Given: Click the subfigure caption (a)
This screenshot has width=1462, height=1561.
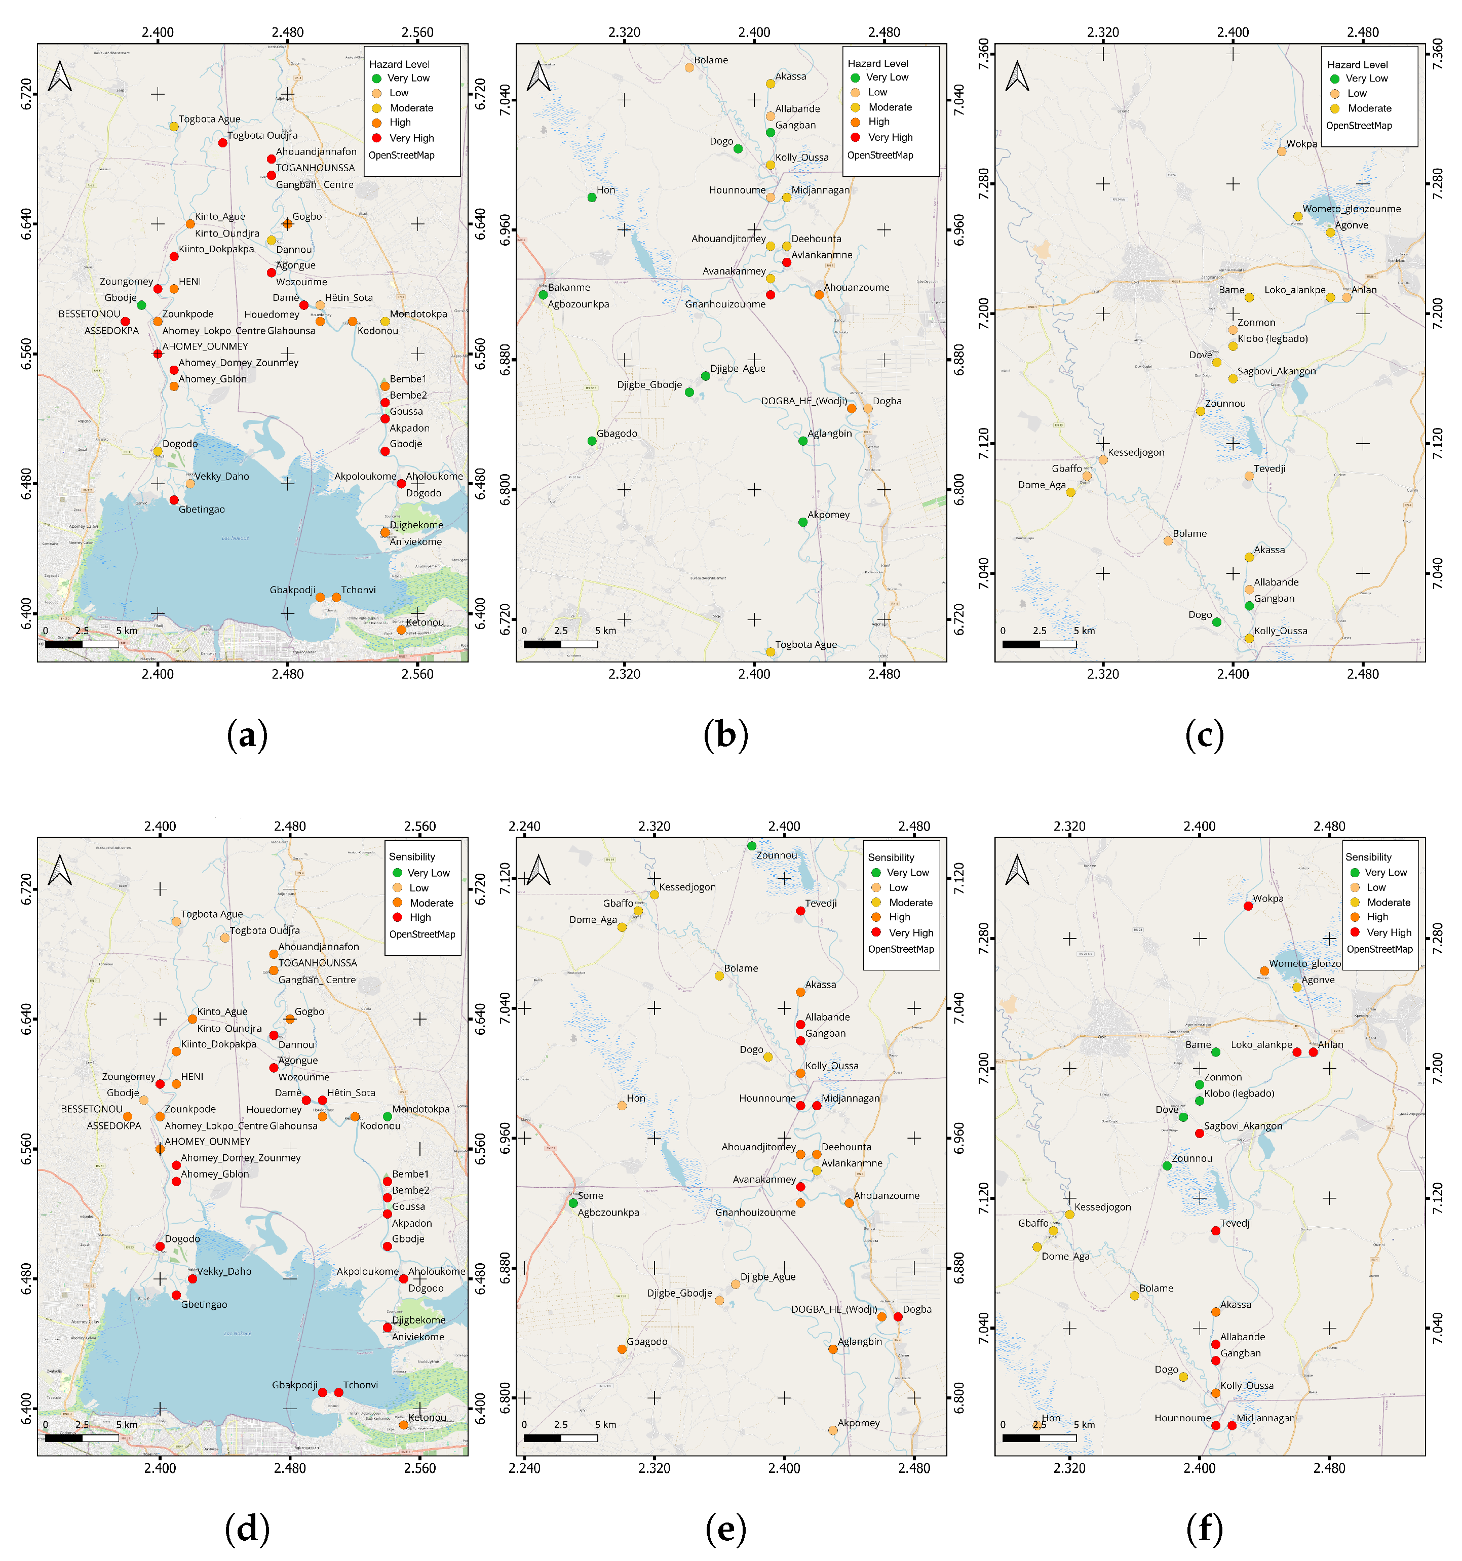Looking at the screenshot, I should [x=247, y=735].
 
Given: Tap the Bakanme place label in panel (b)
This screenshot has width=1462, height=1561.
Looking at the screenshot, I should [x=568, y=287].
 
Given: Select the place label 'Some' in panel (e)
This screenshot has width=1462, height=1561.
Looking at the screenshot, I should [x=591, y=1195].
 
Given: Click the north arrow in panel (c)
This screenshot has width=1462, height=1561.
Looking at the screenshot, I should [x=1018, y=76].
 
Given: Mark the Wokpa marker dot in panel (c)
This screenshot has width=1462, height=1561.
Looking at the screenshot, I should [x=1282, y=151].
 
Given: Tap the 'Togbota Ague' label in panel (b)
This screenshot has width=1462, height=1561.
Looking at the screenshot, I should [x=805, y=645].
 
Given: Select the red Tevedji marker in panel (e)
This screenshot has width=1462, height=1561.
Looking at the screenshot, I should [x=800, y=911].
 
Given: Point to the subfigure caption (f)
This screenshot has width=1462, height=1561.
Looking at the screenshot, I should [x=1205, y=1528].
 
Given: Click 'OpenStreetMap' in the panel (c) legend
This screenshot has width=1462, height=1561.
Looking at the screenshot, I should [x=1358, y=126].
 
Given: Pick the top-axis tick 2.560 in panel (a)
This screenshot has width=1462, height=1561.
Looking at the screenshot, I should [x=418, y=33].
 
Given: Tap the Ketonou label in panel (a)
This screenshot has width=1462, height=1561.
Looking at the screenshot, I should [x=425, y=622].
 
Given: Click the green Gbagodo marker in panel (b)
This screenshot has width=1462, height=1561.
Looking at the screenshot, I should [x=592, y=441].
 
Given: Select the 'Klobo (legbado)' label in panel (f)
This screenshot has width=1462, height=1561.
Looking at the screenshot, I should [x=1239, y=1093].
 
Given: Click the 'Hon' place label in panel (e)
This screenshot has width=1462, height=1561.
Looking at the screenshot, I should [x=636, y=1098].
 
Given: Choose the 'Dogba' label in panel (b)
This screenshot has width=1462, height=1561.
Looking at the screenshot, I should [x=887, y=401].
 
